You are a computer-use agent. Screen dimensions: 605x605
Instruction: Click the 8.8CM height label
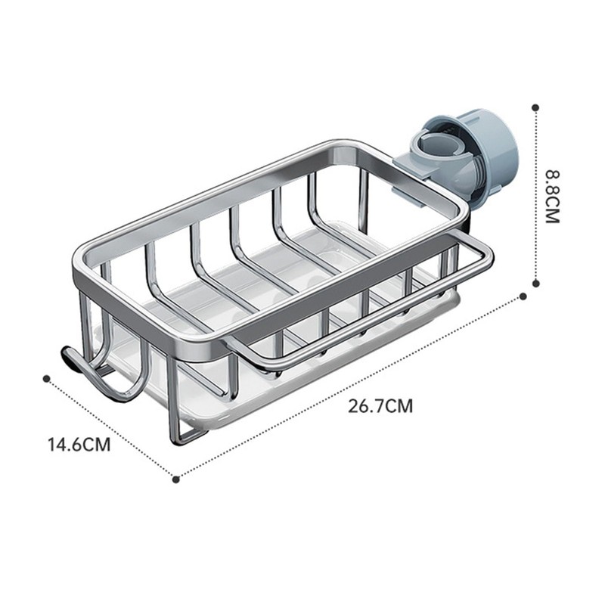[x=552, y=197]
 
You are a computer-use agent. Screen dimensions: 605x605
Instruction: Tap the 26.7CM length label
[x=380, y=406]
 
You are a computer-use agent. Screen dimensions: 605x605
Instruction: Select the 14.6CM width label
[x=79, y=444]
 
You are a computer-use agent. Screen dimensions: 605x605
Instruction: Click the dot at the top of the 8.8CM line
[x=535, y=107]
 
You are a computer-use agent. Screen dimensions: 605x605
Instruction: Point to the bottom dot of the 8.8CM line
[x=535, y=284]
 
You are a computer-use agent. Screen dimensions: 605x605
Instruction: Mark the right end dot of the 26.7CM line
[x=523, y=296]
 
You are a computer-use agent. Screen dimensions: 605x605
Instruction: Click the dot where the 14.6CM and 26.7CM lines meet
[x=175, y=479]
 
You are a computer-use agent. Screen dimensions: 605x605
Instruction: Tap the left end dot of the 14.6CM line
[x=47, y=379]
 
